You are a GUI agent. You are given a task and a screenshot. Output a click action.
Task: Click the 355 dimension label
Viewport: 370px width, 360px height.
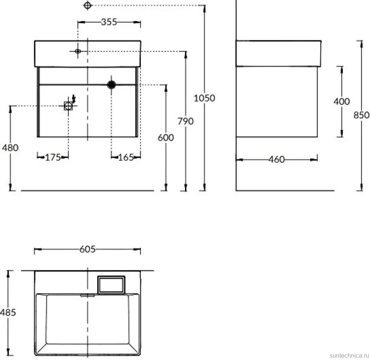(x=109, y=22)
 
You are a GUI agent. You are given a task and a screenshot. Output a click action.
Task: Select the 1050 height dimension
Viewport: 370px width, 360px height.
(x=204, y=98)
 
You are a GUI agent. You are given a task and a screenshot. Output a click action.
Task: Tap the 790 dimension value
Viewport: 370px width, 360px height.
(x=185, y=121)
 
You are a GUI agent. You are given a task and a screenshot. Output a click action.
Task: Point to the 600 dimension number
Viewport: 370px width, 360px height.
(x=166, y=138)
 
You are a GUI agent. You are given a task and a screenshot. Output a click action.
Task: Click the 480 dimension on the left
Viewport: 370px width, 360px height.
(x=10, y=148)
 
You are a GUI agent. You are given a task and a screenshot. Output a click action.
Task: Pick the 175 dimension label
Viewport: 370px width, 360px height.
(x=53, y=157)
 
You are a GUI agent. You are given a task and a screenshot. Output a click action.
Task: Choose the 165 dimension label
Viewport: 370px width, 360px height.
(x=126, y=157)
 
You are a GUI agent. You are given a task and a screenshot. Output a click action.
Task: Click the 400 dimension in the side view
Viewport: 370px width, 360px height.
(x=341, y=101)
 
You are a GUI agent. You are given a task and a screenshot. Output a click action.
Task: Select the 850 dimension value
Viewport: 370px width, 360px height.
(x=361, y=115)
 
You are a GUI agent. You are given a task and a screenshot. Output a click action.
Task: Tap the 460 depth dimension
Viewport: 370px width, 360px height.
(x=277, y=159)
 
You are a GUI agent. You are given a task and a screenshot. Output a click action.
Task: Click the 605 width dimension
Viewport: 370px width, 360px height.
(x=88, y=249)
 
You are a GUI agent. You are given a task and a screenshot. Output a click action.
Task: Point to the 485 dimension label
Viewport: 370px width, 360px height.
(x=8, y=312)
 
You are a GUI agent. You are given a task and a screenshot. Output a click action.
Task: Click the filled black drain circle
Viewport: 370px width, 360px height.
(x=111, y=84)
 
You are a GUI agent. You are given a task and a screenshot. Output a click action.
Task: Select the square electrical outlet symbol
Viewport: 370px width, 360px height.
(x=68, y=106)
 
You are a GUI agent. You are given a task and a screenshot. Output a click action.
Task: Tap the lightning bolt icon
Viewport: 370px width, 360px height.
(x=74, y=99)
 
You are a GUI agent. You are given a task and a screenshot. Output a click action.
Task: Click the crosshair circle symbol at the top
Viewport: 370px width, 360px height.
(x=88, y=5)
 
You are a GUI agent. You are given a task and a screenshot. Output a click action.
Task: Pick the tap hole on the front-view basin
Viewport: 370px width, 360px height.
(x=78, y=51)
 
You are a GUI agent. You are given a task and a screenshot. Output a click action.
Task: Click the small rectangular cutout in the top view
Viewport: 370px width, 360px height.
(x=111, y=285)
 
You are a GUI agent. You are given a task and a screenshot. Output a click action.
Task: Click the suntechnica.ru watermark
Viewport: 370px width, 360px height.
(x=349, y=355)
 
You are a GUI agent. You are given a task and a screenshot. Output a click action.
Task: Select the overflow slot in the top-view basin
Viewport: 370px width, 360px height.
(x=88, y=296)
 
